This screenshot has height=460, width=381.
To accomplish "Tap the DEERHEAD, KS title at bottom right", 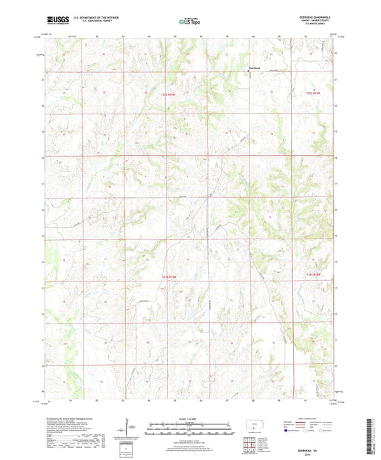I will [325, 444].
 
